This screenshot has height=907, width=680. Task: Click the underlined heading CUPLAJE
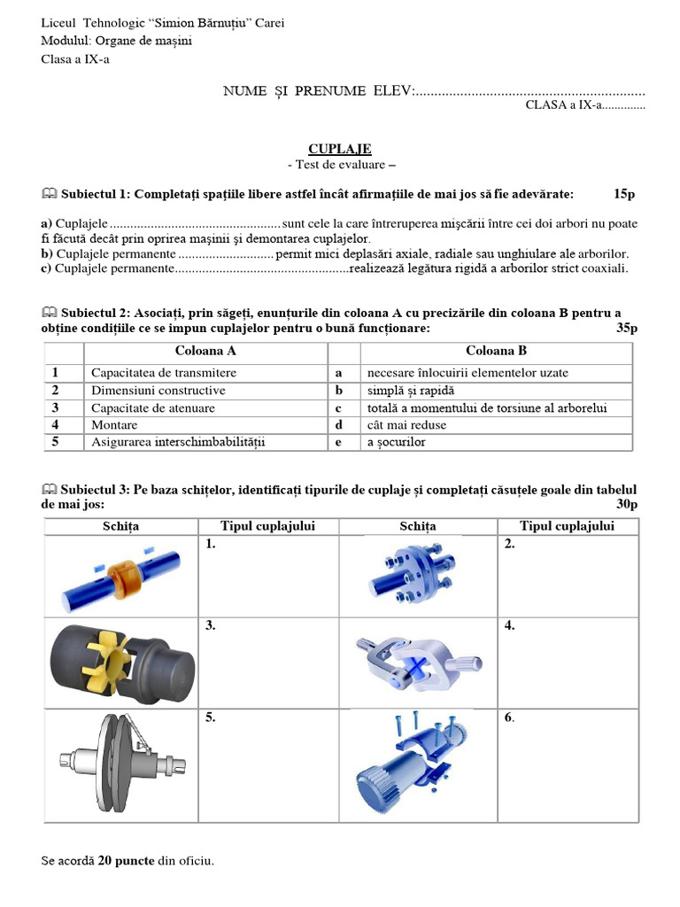339,149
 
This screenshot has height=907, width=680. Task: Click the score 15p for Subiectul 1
624,194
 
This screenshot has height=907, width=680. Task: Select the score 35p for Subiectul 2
626,329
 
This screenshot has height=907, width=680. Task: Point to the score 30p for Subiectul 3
626,504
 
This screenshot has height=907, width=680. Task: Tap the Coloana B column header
496,351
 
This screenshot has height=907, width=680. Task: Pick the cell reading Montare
114,425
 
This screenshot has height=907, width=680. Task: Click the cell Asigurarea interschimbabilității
178,442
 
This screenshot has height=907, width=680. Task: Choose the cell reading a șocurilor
396,442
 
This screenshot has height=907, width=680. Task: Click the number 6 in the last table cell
508,717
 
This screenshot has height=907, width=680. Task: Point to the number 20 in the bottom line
104,860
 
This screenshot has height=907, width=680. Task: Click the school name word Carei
270,23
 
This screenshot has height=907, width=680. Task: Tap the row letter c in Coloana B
338,408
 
